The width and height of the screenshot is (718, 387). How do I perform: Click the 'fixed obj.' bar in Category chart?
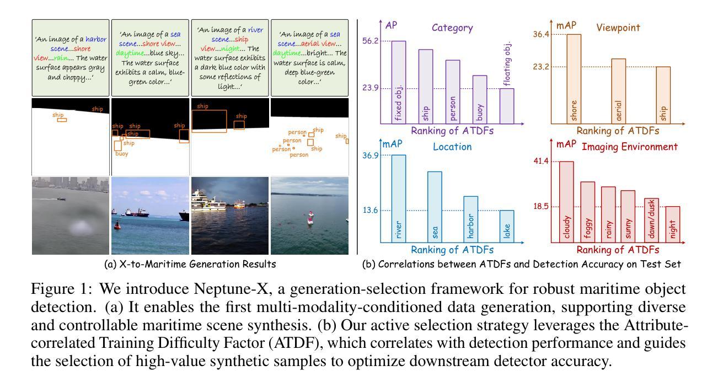tap(398, 83)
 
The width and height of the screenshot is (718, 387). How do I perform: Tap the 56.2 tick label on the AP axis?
tap(369, 41)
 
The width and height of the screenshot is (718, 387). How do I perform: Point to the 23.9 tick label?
tap(369, 88)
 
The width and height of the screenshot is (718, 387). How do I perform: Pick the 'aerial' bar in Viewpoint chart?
tap(618, 91)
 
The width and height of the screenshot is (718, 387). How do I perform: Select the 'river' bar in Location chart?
tap(398, 199)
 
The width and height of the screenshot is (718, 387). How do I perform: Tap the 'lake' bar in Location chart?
tap(507, 226)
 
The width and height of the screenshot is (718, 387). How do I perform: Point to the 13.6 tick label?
tap(369, 211)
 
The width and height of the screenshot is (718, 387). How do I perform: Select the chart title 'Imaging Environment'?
tap(622, 147)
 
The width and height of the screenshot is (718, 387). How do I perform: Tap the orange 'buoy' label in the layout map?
tap(122, 154)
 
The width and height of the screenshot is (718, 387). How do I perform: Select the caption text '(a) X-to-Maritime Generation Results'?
tap(190, 264)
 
